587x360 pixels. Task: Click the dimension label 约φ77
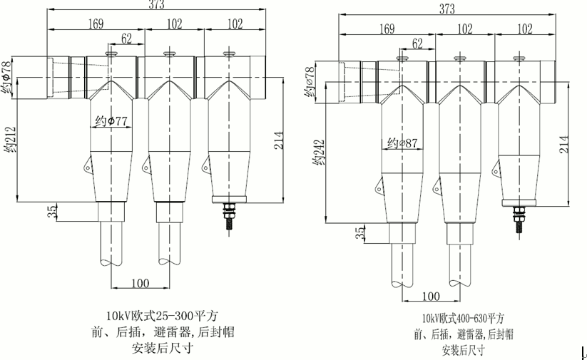coord(110,120)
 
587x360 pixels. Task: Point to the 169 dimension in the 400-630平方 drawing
coord(387,29)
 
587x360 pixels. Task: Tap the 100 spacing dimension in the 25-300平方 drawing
coord(140,283)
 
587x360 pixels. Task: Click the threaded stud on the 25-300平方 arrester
coord(228,215)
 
